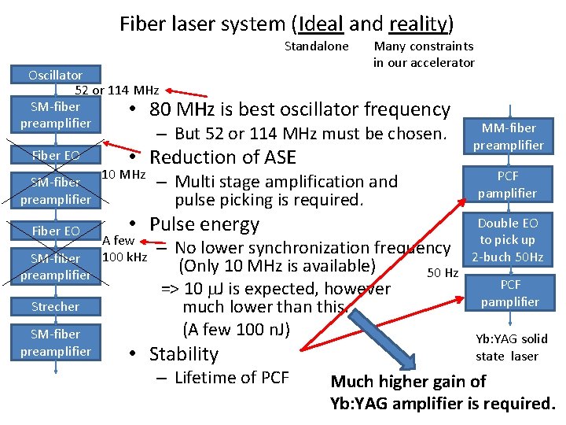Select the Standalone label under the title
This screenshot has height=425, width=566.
pyautogui.click(x=316, y=46)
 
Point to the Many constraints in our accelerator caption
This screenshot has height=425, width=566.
pyautogui.click(x=424, y=54)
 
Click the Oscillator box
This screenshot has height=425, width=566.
pyautogui.click(x=55, y=76)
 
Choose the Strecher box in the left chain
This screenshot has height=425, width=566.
pyautogui.click(x=55, y=307)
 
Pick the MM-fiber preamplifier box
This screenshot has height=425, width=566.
pyautogui.click(x=508, y=136)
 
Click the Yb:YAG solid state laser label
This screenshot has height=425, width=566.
pyautogui.click(x=511, y=347)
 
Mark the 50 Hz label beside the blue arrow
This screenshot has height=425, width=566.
pyautogui.click(x=442, y=273)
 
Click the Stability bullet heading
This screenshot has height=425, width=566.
pyautogui.click(x=183, y=354)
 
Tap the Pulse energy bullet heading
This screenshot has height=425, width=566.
pyautogui.click(x=204, y=224)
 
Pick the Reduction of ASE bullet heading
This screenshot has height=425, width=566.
pyautogui.click(x=222, y=157)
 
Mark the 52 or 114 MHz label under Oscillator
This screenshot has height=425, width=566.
pyautogui.click(x=116, y=91)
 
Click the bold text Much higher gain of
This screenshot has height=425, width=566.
pyautogui.click(x=408, y=382)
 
